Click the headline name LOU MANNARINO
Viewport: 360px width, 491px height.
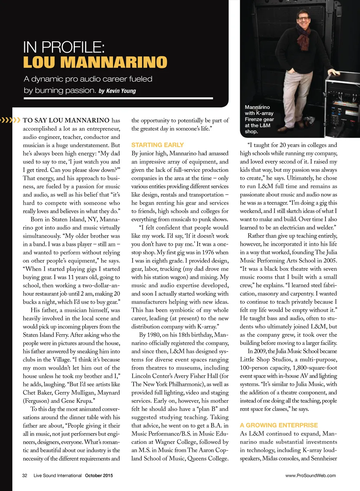95,63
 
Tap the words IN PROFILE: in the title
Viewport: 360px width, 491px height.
64,47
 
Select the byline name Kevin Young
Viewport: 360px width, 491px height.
121,91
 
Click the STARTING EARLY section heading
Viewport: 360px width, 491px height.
157,145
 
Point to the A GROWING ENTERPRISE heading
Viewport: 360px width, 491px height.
279,425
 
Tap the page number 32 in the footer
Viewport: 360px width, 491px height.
25,476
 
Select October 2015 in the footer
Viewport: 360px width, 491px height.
99,476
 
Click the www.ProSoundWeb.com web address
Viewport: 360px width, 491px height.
310,476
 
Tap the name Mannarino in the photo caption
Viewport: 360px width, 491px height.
257,107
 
